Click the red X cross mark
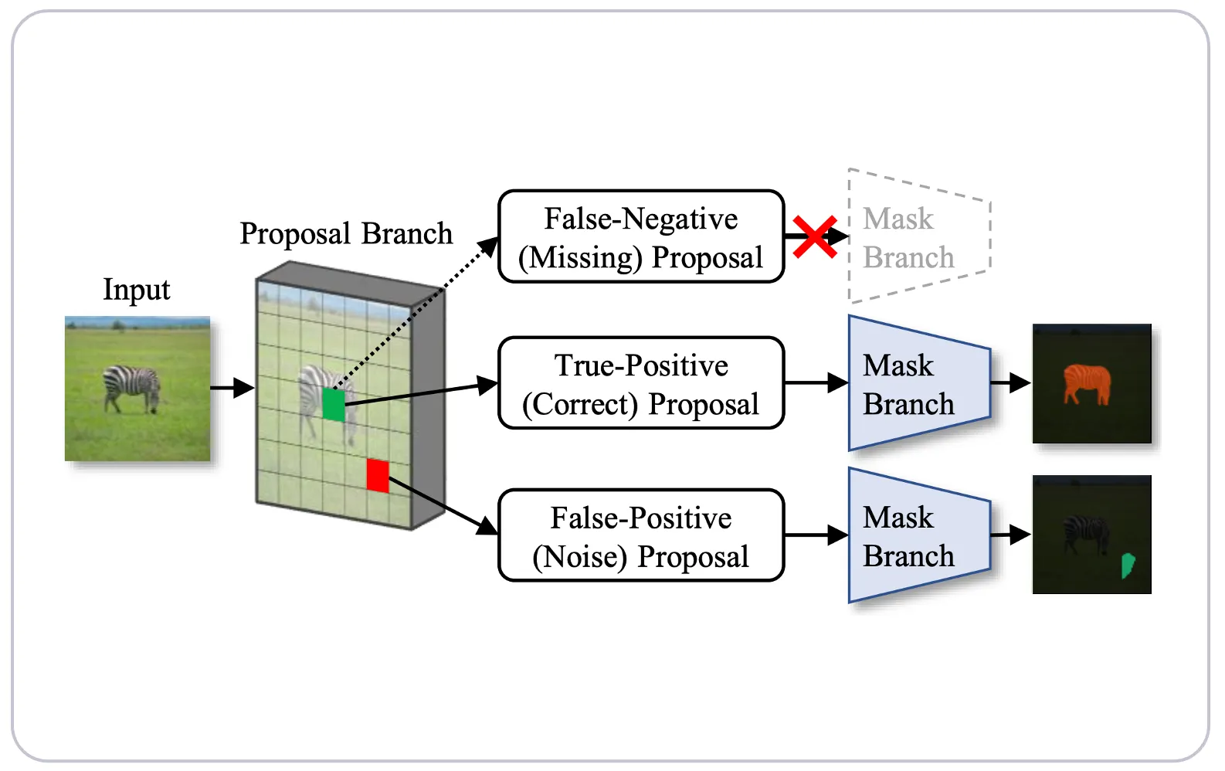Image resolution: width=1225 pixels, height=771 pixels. [815, 237]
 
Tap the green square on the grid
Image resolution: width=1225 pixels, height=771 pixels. [334, 405]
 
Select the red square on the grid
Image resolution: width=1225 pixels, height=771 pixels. [378, 475]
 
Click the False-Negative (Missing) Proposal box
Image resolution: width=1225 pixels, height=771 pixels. [641, 236]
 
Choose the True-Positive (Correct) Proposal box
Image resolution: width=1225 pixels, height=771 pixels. [641, 383]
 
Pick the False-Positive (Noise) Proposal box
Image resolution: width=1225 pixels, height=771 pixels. [641, 535]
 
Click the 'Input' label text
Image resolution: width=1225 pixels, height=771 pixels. [137, 290]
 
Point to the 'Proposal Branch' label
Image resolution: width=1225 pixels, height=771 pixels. [346, 233]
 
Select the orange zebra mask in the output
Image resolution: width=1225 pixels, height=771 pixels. [1087, 383]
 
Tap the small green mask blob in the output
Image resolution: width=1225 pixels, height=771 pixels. [1128, 566]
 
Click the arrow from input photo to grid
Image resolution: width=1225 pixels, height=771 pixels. [232, 388]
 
